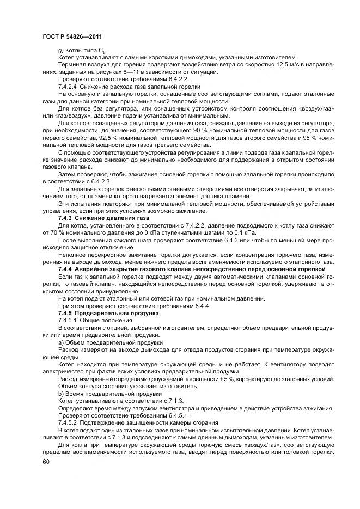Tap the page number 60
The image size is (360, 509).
coord(46,462)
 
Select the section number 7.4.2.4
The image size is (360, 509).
coord(70,87)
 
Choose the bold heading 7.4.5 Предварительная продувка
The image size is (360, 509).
coord(101,314)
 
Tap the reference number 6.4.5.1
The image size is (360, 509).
coord(157,415)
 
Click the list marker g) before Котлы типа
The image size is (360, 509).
coord(60,50)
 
